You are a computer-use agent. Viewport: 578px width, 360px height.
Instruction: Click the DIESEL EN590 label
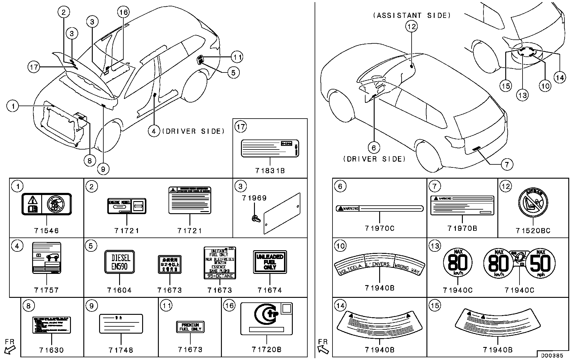[119, 262]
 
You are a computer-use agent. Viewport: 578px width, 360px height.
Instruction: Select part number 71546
[46, 230]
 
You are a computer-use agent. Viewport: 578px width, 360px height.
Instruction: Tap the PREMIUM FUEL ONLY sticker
[190, 327]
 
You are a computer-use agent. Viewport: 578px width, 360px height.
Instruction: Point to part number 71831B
[270, 171]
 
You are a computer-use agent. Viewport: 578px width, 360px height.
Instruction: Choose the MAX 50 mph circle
[540, 263]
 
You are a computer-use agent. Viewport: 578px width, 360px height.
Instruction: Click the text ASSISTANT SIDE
[412, 15]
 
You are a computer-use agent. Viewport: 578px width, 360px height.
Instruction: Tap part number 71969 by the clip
[254, 198]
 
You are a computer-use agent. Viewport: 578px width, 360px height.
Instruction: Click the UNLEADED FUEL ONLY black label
[270, 262]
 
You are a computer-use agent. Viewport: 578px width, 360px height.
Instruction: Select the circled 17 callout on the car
[34, 66]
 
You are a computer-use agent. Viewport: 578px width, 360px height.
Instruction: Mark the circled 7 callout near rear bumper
[507, 164]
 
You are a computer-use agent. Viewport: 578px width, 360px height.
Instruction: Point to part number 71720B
[266, 350]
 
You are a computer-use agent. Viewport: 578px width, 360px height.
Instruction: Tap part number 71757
[46, 290]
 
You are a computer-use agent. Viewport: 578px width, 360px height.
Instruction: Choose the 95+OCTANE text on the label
[220, 276]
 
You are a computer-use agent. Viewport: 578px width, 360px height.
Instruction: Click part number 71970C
[380, 228]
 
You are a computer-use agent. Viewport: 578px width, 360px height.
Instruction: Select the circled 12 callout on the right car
[411, 26]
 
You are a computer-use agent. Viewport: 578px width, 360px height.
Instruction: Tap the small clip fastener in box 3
[255, 218]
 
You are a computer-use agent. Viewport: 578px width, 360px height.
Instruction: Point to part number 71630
[52, 350]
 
